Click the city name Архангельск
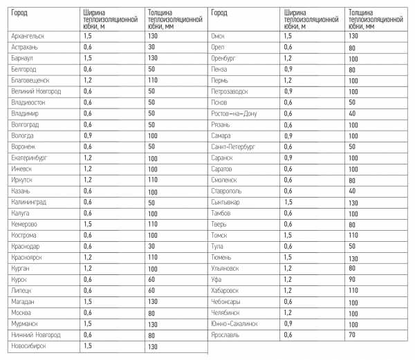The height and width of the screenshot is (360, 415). (28, 35)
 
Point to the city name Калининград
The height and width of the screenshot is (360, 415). (29, 202)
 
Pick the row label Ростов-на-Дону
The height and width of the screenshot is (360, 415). (234, 113)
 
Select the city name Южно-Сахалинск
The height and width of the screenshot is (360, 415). (234, 323)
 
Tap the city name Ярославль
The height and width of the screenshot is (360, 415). (226, 334)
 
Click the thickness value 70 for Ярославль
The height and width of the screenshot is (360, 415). (352, 334)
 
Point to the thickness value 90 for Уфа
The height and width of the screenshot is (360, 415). (352, 279)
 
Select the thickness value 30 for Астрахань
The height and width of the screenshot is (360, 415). (151, 46)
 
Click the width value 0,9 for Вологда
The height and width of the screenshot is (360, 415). (87, 135)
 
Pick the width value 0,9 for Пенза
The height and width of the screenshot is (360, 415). (288, 69)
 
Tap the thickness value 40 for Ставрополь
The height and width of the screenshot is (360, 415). (352, 191)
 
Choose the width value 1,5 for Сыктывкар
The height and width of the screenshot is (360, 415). (288, 202)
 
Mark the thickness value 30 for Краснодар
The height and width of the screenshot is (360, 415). (151, 247)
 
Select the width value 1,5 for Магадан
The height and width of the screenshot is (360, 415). (87, 302)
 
